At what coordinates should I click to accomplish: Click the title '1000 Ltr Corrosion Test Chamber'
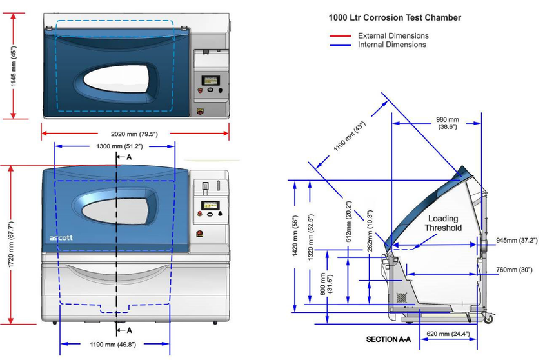click(395, 17)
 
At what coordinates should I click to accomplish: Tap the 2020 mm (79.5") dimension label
click(135, 134)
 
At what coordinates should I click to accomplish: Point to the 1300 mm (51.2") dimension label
click(115, 146)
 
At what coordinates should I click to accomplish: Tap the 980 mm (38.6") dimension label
click(448, 124)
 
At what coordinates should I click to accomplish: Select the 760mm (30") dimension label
click(514, 270)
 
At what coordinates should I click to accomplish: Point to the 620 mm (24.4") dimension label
click(447, 334)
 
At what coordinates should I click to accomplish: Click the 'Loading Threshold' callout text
click(444, 223)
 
